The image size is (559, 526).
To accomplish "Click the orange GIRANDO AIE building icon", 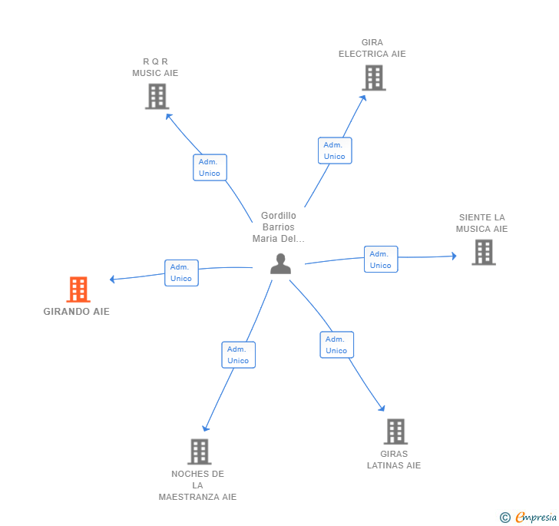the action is pos(78,289).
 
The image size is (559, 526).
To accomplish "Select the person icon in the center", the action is pos(280,263).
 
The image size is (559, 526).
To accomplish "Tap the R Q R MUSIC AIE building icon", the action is pos(157,96).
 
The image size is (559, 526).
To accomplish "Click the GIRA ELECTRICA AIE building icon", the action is pos(374,78).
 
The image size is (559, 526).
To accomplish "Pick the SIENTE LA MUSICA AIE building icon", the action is pos(484,253).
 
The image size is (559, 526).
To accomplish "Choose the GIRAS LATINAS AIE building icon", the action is pos(395,432).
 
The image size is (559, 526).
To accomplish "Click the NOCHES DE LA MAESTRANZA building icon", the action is pos(200,452).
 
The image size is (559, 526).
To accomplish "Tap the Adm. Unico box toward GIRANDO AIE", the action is pos(181,273).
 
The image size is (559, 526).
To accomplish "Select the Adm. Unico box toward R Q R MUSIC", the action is pos(210,167).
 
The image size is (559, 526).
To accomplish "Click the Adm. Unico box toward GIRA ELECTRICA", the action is pos(335,151).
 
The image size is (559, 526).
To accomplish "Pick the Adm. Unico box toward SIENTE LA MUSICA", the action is pos(381,260).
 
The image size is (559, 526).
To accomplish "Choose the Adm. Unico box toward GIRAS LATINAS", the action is pos(337,345).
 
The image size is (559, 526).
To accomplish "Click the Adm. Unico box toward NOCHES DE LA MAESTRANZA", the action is pos(239,355).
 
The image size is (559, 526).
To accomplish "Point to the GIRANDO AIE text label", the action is pos(76,312).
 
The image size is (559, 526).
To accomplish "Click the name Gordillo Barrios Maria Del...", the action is pos(279,227).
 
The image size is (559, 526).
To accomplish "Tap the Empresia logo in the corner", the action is pos(536,517).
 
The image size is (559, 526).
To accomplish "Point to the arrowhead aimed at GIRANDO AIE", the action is pos(112,280).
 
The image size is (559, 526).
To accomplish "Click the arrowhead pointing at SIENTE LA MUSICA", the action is pos(455,256).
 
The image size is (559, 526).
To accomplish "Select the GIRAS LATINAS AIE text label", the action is pos(394,460).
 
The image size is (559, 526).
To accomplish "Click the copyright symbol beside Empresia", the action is pos(505,517).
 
